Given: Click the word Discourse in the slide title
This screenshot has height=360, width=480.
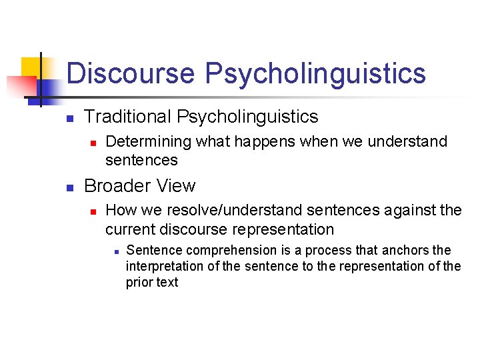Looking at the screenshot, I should click(x=131, y=73).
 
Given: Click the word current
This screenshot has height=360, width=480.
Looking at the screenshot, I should click(x=130, y=229).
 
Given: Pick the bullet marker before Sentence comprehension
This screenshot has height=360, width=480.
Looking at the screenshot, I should click(x=115, y=252).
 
